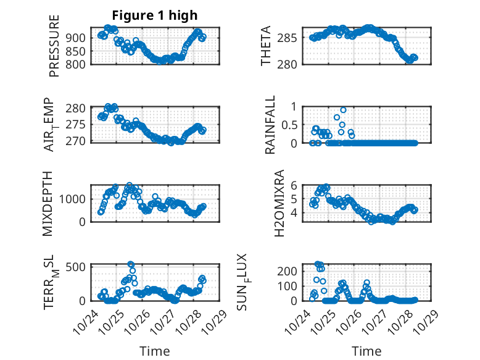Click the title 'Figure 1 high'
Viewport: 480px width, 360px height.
(x=155, y=15)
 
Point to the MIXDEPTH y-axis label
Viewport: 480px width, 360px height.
(x=49, y=204)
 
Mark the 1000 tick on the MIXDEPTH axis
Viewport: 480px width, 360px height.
(x=75, y=199)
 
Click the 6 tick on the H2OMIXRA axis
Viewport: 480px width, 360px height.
(x=295, y=185)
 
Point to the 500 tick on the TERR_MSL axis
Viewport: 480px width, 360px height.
(x=78, y=266)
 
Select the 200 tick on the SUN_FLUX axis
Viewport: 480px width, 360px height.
(x=291, y=271)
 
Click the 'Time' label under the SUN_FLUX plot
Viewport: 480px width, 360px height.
(x=366, y=351)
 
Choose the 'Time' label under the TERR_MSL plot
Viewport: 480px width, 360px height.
(x=155, y=351)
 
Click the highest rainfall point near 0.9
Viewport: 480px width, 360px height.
(x=343, y=110)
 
